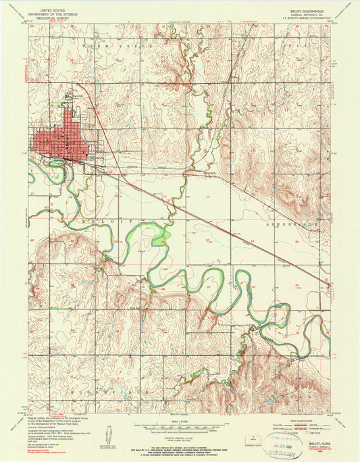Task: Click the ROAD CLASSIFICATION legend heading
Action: click(297, 420)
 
